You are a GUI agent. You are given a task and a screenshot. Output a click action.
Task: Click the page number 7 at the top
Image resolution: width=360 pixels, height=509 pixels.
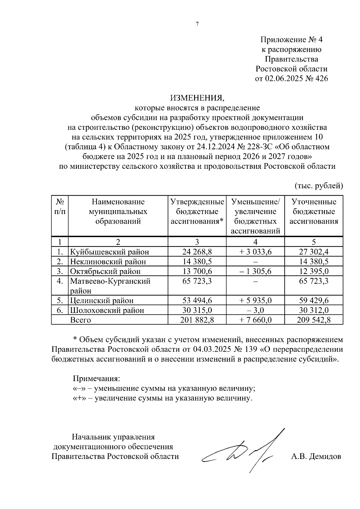click(197, 25)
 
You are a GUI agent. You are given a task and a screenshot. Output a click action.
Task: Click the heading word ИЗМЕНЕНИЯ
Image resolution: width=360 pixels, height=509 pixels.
click(197, 98)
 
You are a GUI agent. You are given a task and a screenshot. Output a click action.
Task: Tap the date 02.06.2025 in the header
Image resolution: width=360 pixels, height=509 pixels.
click(284, 79)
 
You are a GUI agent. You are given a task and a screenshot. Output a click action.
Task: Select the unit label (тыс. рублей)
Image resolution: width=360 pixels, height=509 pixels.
click(319, 186)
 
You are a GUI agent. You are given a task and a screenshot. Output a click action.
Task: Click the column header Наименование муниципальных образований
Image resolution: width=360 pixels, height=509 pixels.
click(118, 212)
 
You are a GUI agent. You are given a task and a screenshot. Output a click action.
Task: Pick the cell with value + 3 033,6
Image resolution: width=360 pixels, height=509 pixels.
click(255, 252)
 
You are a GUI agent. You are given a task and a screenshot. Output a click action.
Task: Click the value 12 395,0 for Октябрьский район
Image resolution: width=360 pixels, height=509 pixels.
click(314, 271)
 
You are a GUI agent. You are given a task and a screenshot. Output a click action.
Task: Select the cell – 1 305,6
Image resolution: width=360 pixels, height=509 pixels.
click(255, 271)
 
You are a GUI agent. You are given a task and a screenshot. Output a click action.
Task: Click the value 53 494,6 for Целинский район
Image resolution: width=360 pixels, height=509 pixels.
click(197, 300)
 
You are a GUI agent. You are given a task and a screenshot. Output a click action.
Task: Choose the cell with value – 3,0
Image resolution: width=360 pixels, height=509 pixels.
click(255, 310)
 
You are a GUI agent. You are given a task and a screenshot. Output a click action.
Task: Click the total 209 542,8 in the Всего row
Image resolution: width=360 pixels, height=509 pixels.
click(314, 320)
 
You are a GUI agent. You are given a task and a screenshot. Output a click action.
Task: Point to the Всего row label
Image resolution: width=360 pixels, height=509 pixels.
click(80, 320)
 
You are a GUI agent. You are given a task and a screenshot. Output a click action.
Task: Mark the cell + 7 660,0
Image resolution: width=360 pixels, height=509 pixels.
click(255, 320)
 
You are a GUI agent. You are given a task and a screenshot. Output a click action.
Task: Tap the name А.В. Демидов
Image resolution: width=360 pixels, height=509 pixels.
click(316, 457)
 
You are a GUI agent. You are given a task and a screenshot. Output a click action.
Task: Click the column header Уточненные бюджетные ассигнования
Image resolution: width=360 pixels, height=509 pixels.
click(314, 212)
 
